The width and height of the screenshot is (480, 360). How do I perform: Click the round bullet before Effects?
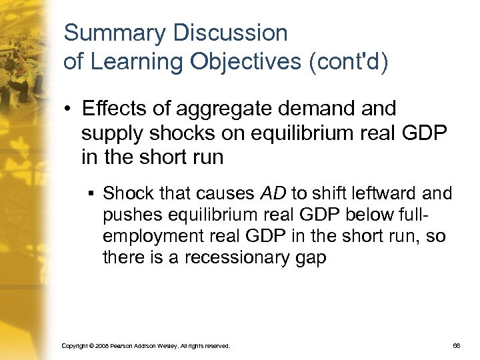coord(69,108)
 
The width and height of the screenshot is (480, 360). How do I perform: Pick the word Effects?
coord(111,108)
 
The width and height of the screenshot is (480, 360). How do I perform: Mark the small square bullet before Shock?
coord(90,195)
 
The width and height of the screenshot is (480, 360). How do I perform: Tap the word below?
coord(352,215)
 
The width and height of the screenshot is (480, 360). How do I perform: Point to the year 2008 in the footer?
coord(105,346)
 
